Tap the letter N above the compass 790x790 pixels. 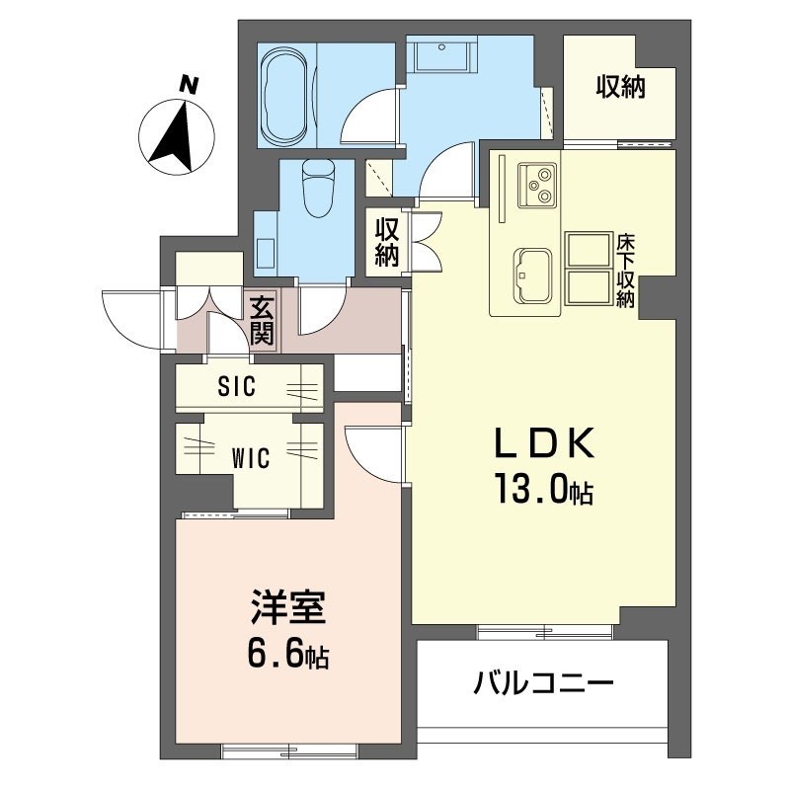click(187, 85)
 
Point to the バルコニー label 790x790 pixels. click(543, 682)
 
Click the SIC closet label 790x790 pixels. click(237, 387)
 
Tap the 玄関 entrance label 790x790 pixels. click(262, 322)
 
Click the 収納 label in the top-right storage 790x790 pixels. click(620, 87)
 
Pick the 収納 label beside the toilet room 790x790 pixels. click(387, 243)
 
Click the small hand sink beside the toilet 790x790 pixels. click(266, 251)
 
